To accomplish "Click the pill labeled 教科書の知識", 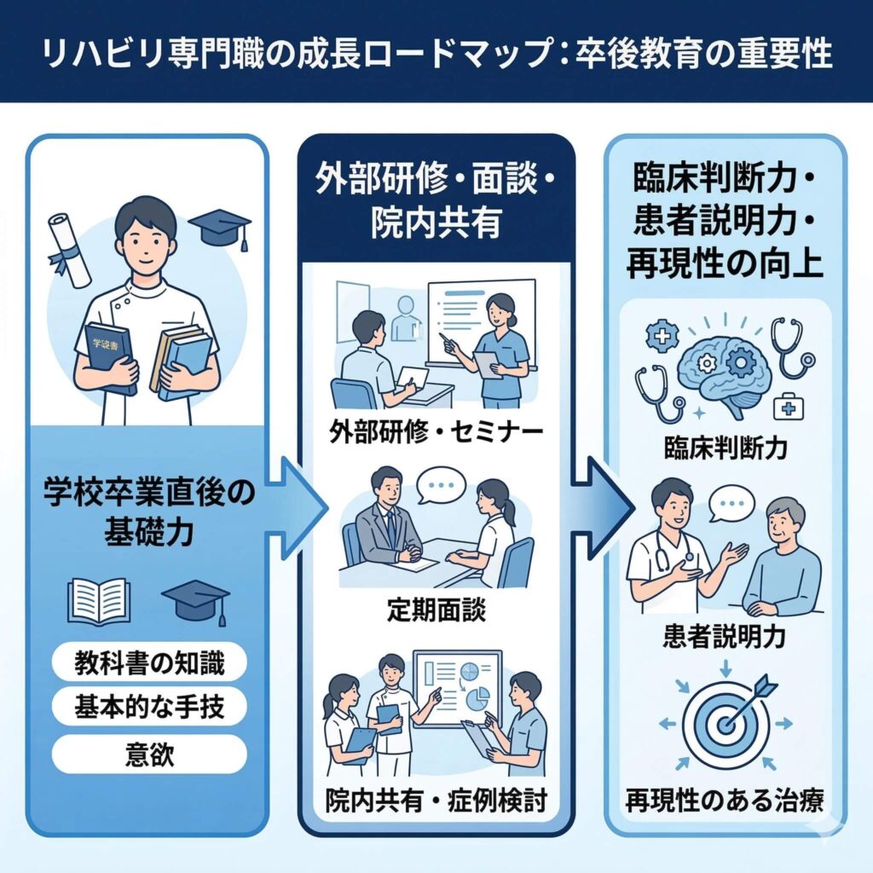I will pos(149,662).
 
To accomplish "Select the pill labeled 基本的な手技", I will pos(149,706).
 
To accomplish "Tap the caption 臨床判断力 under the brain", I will pos(724,448).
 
